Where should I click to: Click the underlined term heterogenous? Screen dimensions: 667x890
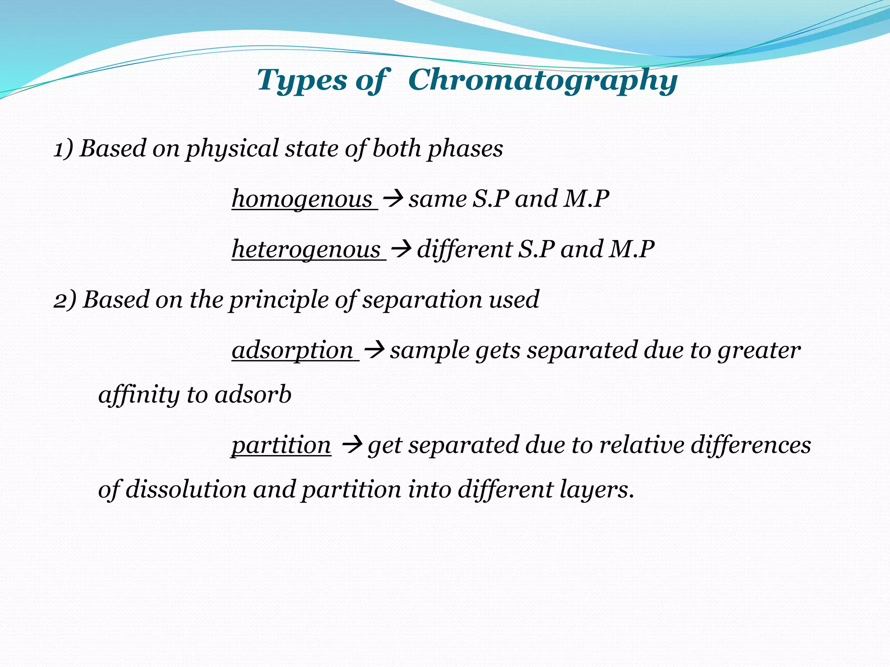306,250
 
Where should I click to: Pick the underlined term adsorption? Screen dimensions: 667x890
292,350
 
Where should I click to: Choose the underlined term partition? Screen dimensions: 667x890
281,446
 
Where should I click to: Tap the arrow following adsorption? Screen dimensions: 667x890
374,350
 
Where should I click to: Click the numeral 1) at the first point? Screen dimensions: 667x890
63,149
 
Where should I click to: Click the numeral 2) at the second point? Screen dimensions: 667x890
65,300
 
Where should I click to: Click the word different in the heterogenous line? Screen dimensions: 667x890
465,250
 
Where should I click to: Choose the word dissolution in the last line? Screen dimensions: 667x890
186,490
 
